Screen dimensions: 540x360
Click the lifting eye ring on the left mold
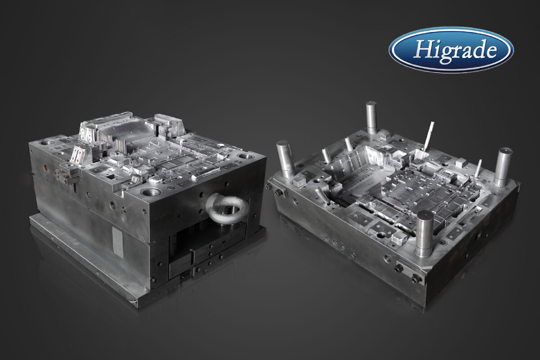(227, 208)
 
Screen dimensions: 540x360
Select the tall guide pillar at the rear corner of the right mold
(371, 117)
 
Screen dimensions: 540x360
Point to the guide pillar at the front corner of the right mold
(424, 234)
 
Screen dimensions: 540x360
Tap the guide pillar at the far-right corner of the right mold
(503, 167)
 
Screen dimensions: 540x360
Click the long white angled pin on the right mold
(428, 136)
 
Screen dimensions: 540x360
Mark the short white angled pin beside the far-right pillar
(478, 167)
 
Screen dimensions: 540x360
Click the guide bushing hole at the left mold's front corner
(150, 192)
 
